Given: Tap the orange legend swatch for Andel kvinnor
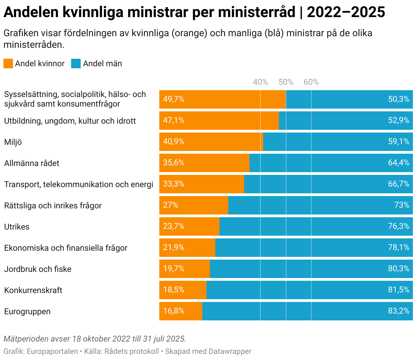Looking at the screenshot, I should (8, 64).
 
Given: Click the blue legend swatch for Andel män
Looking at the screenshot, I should (76, 64).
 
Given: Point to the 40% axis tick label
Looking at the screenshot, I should (260, 82).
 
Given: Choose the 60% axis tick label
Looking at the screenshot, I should (311, 82).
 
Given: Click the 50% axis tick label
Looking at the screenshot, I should (286, 82).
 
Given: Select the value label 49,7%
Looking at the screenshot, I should (174, 99).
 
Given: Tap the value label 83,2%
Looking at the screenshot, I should (399, 311).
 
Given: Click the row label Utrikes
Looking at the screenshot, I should (17, 227).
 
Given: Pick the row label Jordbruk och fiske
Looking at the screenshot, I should (38, 269).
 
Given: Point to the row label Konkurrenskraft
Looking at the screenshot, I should (33, 290).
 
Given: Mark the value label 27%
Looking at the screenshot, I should (171, 205).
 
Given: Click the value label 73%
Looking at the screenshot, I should (402, 205).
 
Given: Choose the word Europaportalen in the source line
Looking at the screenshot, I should (52, 351).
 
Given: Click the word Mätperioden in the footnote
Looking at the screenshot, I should (26, 339).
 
